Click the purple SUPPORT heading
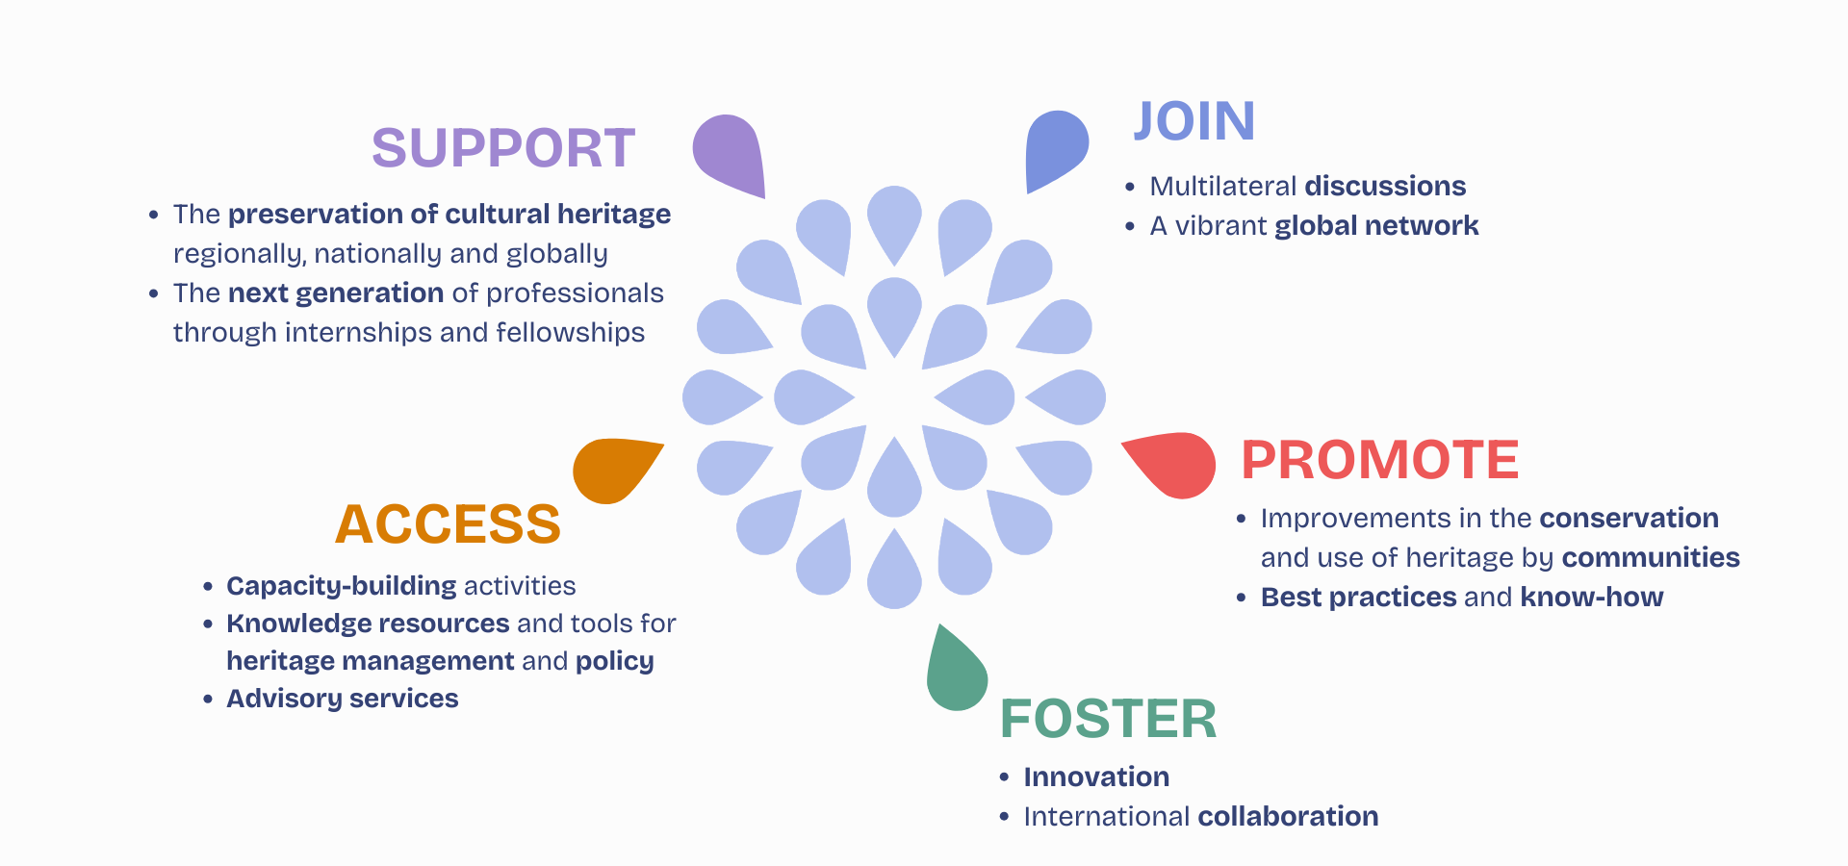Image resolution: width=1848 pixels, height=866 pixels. (503, 148)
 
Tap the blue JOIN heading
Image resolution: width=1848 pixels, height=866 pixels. (1193, 122)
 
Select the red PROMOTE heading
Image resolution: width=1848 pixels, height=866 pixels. (1379, 460)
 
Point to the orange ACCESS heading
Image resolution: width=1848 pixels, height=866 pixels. (448, 524)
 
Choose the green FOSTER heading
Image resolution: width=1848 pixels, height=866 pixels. (1108, 719)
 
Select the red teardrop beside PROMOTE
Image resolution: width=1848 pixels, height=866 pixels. (1177, 464)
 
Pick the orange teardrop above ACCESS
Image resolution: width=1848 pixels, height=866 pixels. (614, 469)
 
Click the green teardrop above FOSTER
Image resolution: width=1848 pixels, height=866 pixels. (955, 674)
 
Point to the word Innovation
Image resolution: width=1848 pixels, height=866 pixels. (1096, 777)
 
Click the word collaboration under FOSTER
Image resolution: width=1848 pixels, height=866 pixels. (1288, 816)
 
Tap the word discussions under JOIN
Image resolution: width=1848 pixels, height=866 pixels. (1385, 186)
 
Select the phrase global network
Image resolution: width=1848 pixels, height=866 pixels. (1376, 225)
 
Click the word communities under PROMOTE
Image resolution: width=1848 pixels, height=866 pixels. (1651, 557)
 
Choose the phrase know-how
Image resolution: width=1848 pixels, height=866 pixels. (1592, 597)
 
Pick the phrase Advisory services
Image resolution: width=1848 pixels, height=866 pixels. (343, 698)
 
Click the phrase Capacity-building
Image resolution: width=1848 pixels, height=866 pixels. (342, 585)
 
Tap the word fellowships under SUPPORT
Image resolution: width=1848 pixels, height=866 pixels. (570, 332)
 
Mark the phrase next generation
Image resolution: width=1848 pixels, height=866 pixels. (336, 293)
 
